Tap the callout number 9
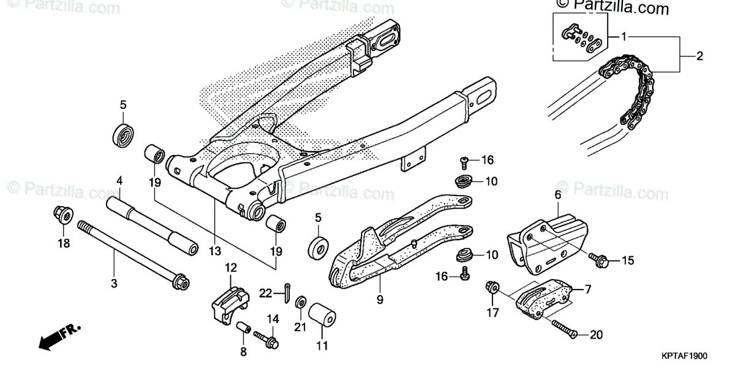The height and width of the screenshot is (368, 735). click(x=379, y=300)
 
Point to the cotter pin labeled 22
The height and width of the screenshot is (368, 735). click(x=287, y=293)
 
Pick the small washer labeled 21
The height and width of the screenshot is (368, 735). click(x=301, y=302)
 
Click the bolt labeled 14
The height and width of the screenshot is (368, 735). click(x=265, y=338)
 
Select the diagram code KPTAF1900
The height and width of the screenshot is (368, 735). click(x=684, y=355)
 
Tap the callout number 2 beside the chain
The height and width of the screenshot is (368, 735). click(x=699, y=56)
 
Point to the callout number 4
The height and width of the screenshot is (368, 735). click(x=119, y=181)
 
